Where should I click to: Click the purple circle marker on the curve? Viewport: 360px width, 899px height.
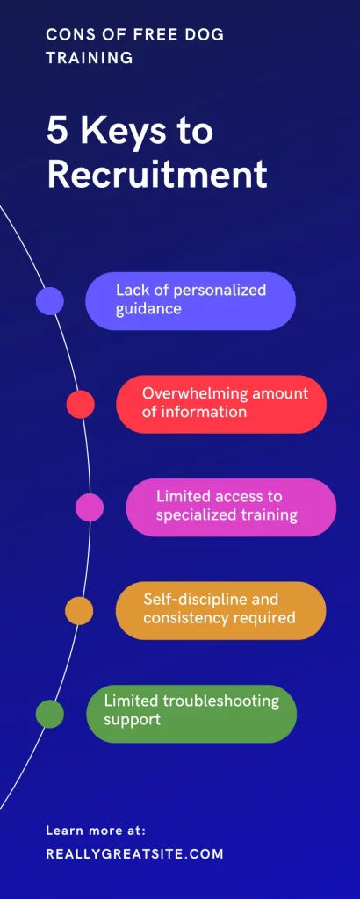[x=50, y=301]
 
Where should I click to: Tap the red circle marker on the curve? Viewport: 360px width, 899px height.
[x=80, y=404]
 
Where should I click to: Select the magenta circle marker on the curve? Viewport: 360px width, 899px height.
[x=90, y=507]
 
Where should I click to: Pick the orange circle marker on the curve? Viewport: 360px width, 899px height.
[x=79, y=611]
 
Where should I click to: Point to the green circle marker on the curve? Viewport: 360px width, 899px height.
[x=50, y=714]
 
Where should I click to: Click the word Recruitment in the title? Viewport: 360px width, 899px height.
[x=157, y=175]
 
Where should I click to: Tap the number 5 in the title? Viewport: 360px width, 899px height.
[x=57, y=132]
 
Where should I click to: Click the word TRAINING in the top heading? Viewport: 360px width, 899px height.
[x=90, y=58]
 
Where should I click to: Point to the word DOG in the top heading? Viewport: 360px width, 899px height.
[x=205, y=35]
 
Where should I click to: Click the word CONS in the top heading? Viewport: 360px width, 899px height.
[x=68, y=35]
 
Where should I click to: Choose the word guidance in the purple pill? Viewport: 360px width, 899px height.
[x=149, y=310]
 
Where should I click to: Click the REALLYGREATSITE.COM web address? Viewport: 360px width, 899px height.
[x=134, y=853]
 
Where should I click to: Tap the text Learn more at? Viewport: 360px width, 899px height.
[x=96, y=831]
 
